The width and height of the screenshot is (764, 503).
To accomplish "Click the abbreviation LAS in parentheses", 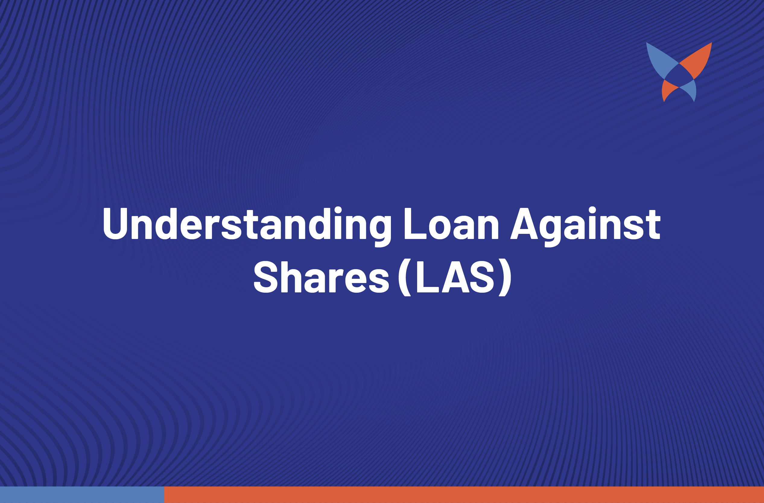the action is point(455,277).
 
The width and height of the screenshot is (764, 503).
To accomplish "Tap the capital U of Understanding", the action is point(116,224).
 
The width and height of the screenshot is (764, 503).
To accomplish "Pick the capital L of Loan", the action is point(415,224).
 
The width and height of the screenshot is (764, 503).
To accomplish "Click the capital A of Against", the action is point(524,224).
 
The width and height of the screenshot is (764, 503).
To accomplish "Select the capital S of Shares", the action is point(265,277).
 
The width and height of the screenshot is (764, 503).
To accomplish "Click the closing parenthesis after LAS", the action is point(505,277).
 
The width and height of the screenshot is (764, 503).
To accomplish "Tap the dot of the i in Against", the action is point(592,210).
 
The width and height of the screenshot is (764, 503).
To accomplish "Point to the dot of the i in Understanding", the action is point(338,210).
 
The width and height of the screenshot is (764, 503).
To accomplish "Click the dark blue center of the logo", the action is point(679,75).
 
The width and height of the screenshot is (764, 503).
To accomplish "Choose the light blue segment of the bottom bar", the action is point(82,495).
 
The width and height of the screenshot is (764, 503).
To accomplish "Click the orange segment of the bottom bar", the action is point(464,495).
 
